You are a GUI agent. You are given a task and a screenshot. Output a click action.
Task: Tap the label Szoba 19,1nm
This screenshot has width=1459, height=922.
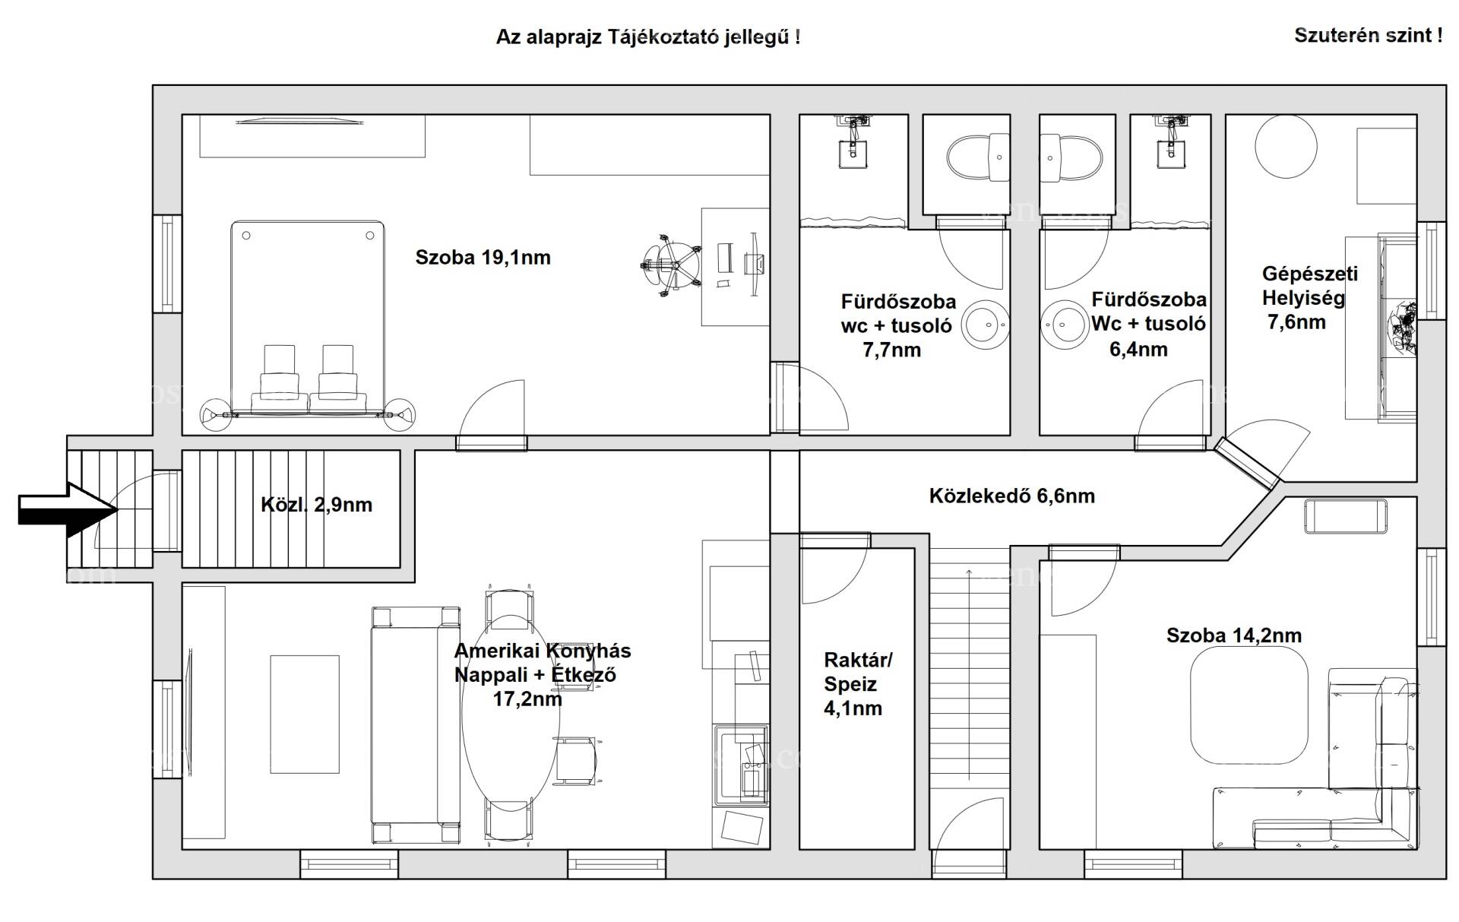click(483, 258)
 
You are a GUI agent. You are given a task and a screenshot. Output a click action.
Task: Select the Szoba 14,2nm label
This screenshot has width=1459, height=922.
click(1233, 635)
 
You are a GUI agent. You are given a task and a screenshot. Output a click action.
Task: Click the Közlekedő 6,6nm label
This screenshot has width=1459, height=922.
click(1011, 496)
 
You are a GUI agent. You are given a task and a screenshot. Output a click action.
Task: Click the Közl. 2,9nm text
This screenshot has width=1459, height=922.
click(316, 505)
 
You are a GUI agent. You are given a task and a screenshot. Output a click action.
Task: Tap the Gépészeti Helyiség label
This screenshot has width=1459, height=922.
click(1309, 286)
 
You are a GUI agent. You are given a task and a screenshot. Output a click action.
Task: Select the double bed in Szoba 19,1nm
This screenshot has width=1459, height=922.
click(308, 319)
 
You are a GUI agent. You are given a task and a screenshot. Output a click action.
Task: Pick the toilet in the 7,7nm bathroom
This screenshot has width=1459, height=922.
click(979, 158)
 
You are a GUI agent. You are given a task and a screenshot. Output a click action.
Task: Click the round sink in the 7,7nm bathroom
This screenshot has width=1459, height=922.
click(986, 325)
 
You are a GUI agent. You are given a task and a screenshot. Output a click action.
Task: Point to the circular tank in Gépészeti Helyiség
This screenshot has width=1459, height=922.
click(1286, 147)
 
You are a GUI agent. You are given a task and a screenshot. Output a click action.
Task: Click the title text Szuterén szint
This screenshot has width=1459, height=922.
click(1368, 35)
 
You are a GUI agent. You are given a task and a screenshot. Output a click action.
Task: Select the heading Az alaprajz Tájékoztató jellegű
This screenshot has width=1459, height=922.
click(647, 36)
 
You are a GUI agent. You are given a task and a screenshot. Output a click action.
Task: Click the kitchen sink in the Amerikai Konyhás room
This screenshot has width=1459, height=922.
click(740, 764)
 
